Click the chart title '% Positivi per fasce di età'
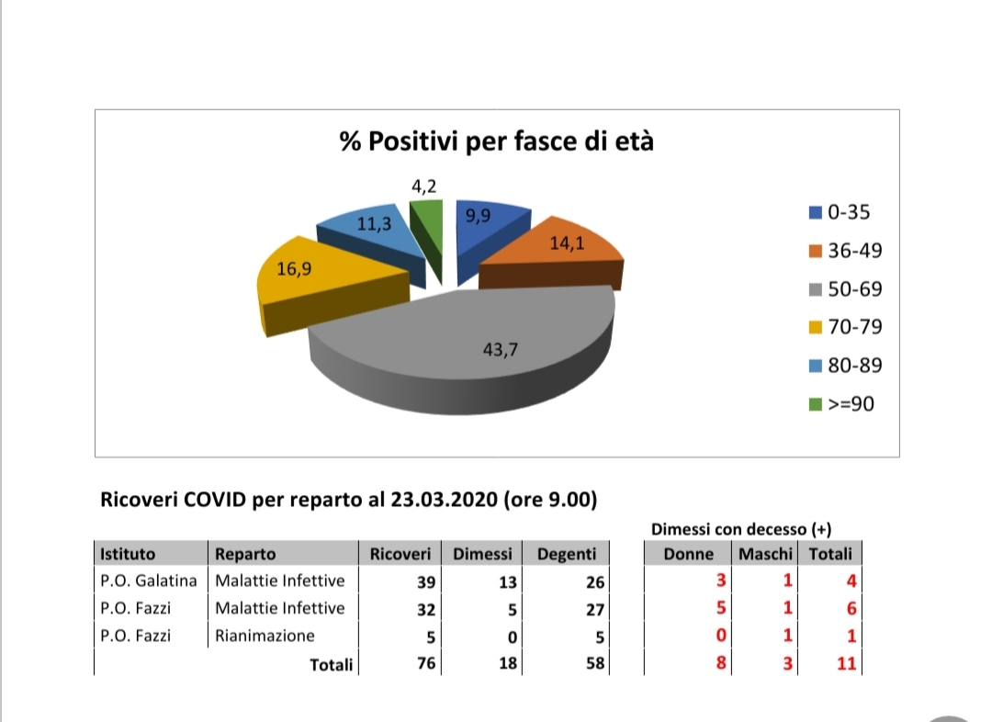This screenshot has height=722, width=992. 496,142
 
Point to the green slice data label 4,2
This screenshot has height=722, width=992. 424,186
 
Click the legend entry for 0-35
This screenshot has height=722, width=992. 840,213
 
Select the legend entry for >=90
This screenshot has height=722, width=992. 840,403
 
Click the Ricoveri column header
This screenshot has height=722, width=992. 400,554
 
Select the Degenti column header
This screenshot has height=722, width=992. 566,554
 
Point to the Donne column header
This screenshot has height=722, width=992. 688,554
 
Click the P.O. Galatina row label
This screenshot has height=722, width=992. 149,581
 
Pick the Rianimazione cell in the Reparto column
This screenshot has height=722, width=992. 265,636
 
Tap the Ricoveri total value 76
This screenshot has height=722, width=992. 425,663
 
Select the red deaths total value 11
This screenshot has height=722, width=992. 846,663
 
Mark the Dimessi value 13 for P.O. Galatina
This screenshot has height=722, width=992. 508,581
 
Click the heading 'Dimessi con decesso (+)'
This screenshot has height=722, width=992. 741,529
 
